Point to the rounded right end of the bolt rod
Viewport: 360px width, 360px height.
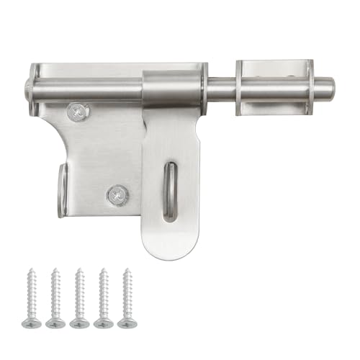pyautogui.click(x=328, y=89)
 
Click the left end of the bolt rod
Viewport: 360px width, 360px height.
pyautogui.click(x=30, y=91)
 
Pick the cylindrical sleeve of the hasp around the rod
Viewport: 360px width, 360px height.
pyautogui.click(x=172, y=88)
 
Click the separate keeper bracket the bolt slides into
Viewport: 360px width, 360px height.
pyautogui.click(x=274, y=86)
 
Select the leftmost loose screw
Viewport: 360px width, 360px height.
pyautogui.click(x=32, y=298)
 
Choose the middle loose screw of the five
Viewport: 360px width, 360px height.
pyautogui.click(x=79, y=298)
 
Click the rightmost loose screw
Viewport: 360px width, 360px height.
pyautogui.click(x=127, y=298)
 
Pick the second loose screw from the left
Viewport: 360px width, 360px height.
pyautogui.click(x=55, y=298)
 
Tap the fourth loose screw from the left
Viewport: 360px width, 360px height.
pyautogui.click(x=104, y=298)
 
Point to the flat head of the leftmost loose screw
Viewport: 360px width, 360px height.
pyautogui.click(x=32, y=323)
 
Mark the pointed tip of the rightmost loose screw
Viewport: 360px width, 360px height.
pyautogui.click(x=127, y=271)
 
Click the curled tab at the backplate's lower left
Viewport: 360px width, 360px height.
pyautogui.click(x=62, y=190)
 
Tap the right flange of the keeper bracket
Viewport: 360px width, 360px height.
pyautogui.click(x=309, y=86)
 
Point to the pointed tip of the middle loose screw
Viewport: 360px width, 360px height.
pyautogui.click(x=79, y=271)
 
